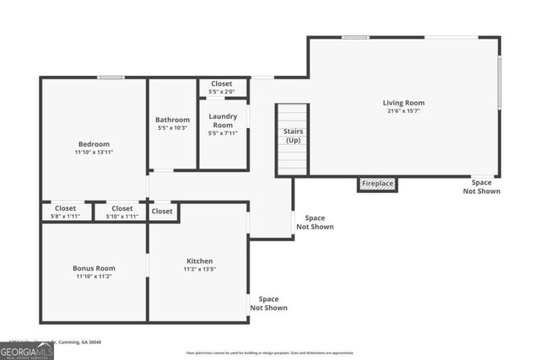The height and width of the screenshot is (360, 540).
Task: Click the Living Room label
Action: (403, 103)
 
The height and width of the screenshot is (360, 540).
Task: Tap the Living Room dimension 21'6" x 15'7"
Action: (403, 111)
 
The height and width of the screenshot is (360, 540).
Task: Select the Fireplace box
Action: (376, 184)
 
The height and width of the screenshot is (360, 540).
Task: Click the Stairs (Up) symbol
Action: (293, 139)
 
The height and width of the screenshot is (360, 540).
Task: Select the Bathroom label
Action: (172, 120)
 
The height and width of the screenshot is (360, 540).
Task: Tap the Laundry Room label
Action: (223, 120)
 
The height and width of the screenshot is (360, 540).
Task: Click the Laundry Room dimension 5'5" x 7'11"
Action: (223, 132)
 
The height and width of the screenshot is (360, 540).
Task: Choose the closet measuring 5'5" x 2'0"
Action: (223, 88)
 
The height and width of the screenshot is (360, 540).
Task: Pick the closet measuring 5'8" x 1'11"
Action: (66, 212)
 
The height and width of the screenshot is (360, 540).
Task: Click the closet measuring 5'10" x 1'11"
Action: (121, 212)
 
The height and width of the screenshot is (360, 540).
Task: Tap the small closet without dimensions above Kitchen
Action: (163, 212)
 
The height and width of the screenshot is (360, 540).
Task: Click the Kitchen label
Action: (198, 261)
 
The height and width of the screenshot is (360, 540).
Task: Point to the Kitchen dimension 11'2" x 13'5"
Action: (198, 270)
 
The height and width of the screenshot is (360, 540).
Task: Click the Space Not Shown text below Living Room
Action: (481, 186)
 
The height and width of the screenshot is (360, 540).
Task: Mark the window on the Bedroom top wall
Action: (111, 78)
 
